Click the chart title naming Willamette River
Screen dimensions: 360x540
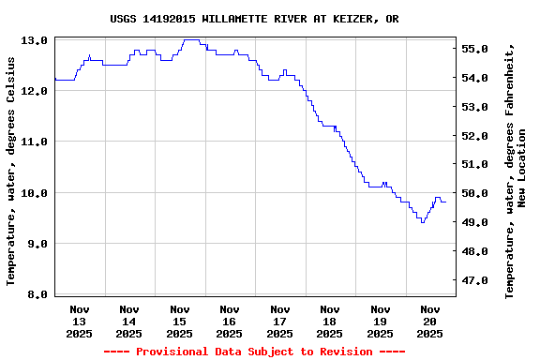tap(254, 19)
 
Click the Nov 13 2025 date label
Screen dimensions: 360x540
tap(79, 321)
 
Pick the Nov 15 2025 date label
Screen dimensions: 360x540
tap(179, 321)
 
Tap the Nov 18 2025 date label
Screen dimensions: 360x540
tap(329, 321)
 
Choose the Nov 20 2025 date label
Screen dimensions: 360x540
tap(429, 321)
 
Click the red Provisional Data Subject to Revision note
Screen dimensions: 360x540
tap(254, 352)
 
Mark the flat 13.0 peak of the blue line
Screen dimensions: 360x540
tap(191, 40)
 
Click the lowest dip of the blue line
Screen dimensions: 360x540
tap(423, 221)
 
